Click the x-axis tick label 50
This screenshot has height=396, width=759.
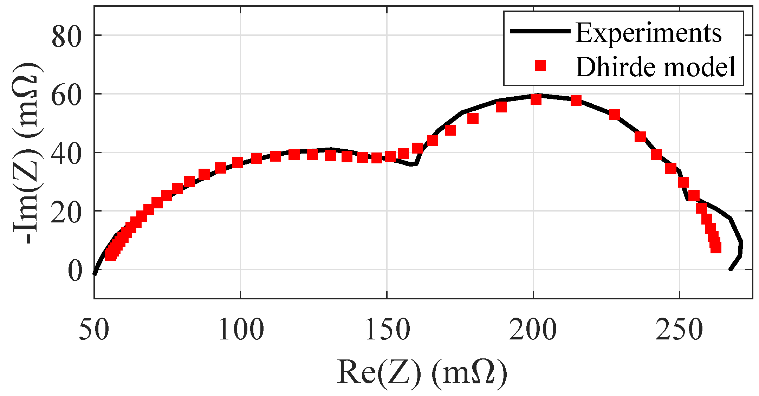(x=94, y=331)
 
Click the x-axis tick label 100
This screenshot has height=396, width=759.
(x=241, y=331)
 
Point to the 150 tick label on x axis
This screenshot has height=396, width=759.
(x=387, y=331)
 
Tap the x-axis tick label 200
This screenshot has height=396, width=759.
(x=533, y=331)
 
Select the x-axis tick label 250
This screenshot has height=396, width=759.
(x=679, y=331)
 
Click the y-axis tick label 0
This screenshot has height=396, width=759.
(x=74, y=271)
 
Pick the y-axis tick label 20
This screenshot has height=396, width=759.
(x=66, y=212)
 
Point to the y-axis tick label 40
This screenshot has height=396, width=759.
(x=66, y=153)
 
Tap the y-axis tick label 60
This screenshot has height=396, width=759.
(x=66, y=95)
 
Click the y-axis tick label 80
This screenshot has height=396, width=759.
(x=66, y=37)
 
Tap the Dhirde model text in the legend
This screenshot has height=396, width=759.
(x=656, y=66)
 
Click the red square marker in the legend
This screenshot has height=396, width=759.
(x=540, y=66)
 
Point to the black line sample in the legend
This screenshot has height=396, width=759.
(x=540, y=31)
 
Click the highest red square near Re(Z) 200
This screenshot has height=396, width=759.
(x=536, y=99)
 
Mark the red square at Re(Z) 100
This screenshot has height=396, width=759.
(x=238, y=163)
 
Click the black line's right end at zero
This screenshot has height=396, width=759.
(x=730, y=269)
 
